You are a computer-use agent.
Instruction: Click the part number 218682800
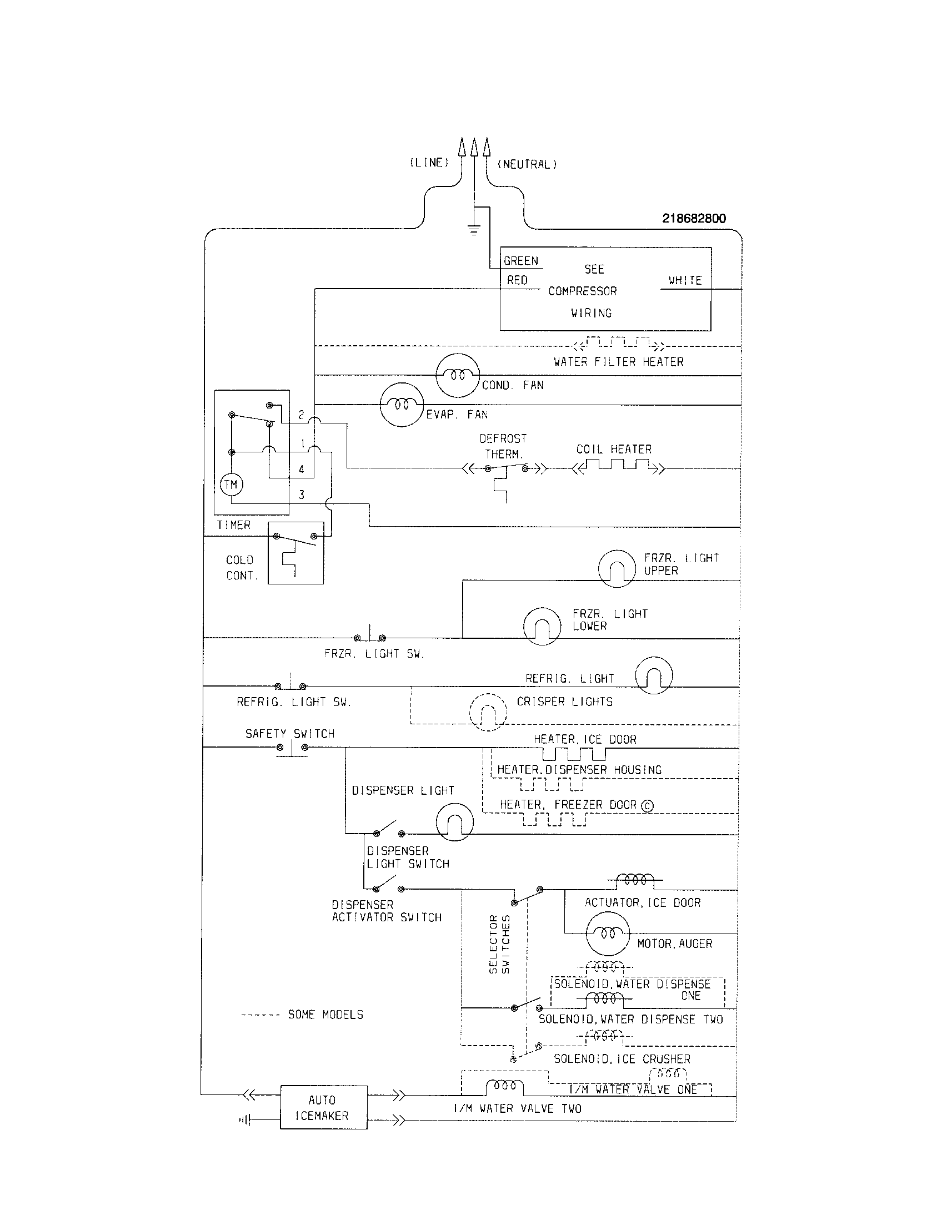pos(694,219)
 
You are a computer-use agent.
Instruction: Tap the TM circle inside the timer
pos(231,484)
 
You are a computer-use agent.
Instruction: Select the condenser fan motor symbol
pos(458,376)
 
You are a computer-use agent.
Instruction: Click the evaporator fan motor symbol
pos(402,405)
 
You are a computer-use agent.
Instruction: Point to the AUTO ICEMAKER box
pos(323,1108)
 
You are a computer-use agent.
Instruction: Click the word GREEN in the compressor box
pos(521,261)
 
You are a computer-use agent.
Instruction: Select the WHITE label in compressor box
pos(685,280)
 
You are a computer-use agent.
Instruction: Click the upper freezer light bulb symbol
pos(617,568)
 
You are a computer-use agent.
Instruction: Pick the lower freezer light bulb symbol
pos(542,626)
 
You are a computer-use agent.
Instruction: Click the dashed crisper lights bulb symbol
pos(488,712)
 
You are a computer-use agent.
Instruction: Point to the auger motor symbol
pos(608,934)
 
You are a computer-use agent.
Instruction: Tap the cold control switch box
pos(295,553)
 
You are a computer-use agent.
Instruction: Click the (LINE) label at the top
pos(429,163)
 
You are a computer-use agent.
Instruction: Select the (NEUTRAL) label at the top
pos(527,164)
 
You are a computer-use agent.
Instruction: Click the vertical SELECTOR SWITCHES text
pos(499,944)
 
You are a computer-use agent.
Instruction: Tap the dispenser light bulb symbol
pos(454,822)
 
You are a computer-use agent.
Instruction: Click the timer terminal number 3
pos(302,495)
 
